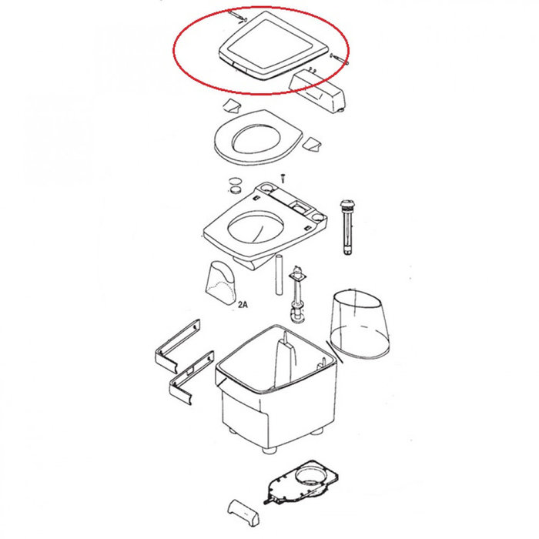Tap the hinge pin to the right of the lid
coord(340,59)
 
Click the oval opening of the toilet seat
coord(256,139)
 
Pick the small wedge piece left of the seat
coord(232,105)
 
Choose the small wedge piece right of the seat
coord(312,144)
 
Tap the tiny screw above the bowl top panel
coord(283,179)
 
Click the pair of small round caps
coord(236,186)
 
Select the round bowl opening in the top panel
coord(256,228)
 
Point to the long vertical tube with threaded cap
coord(346,227)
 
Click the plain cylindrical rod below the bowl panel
coord(279,274)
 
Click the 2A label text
coord(243,304)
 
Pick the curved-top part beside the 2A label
coord(221,283)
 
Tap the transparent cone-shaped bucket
coord(360,324)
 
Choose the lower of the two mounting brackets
coord(192,377)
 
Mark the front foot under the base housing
coord(269,450)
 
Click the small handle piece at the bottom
coord(243,511)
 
